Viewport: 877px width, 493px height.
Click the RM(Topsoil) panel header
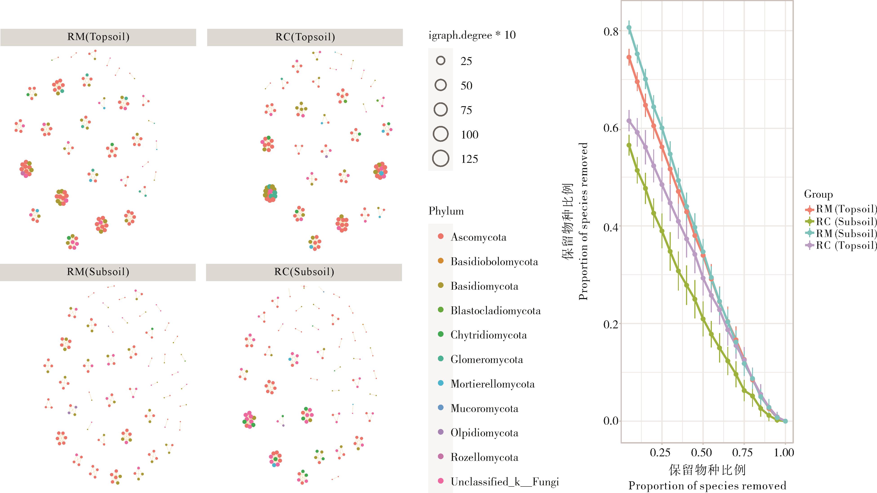tap(98, 37)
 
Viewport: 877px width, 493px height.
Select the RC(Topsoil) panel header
tap(305, 37)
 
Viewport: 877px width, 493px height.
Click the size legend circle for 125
tap(441, 159)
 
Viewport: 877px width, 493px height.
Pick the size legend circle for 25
tap(441, 61)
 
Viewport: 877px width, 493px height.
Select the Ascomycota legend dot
tap(441, 236)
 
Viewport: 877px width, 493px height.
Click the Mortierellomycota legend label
tap(492, 384)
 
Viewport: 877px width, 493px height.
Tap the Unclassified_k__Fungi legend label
tap(504, 482)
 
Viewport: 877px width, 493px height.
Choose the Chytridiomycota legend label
tap(488, 335)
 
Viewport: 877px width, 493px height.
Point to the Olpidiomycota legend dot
tap(441, 432)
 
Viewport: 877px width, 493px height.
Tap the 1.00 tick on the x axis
tap(784, 453)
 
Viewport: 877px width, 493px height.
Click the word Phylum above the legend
tap(446, 211)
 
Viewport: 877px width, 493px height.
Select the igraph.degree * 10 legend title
tap(472, 35)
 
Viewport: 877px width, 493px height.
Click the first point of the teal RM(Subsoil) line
tap(629, 28)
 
